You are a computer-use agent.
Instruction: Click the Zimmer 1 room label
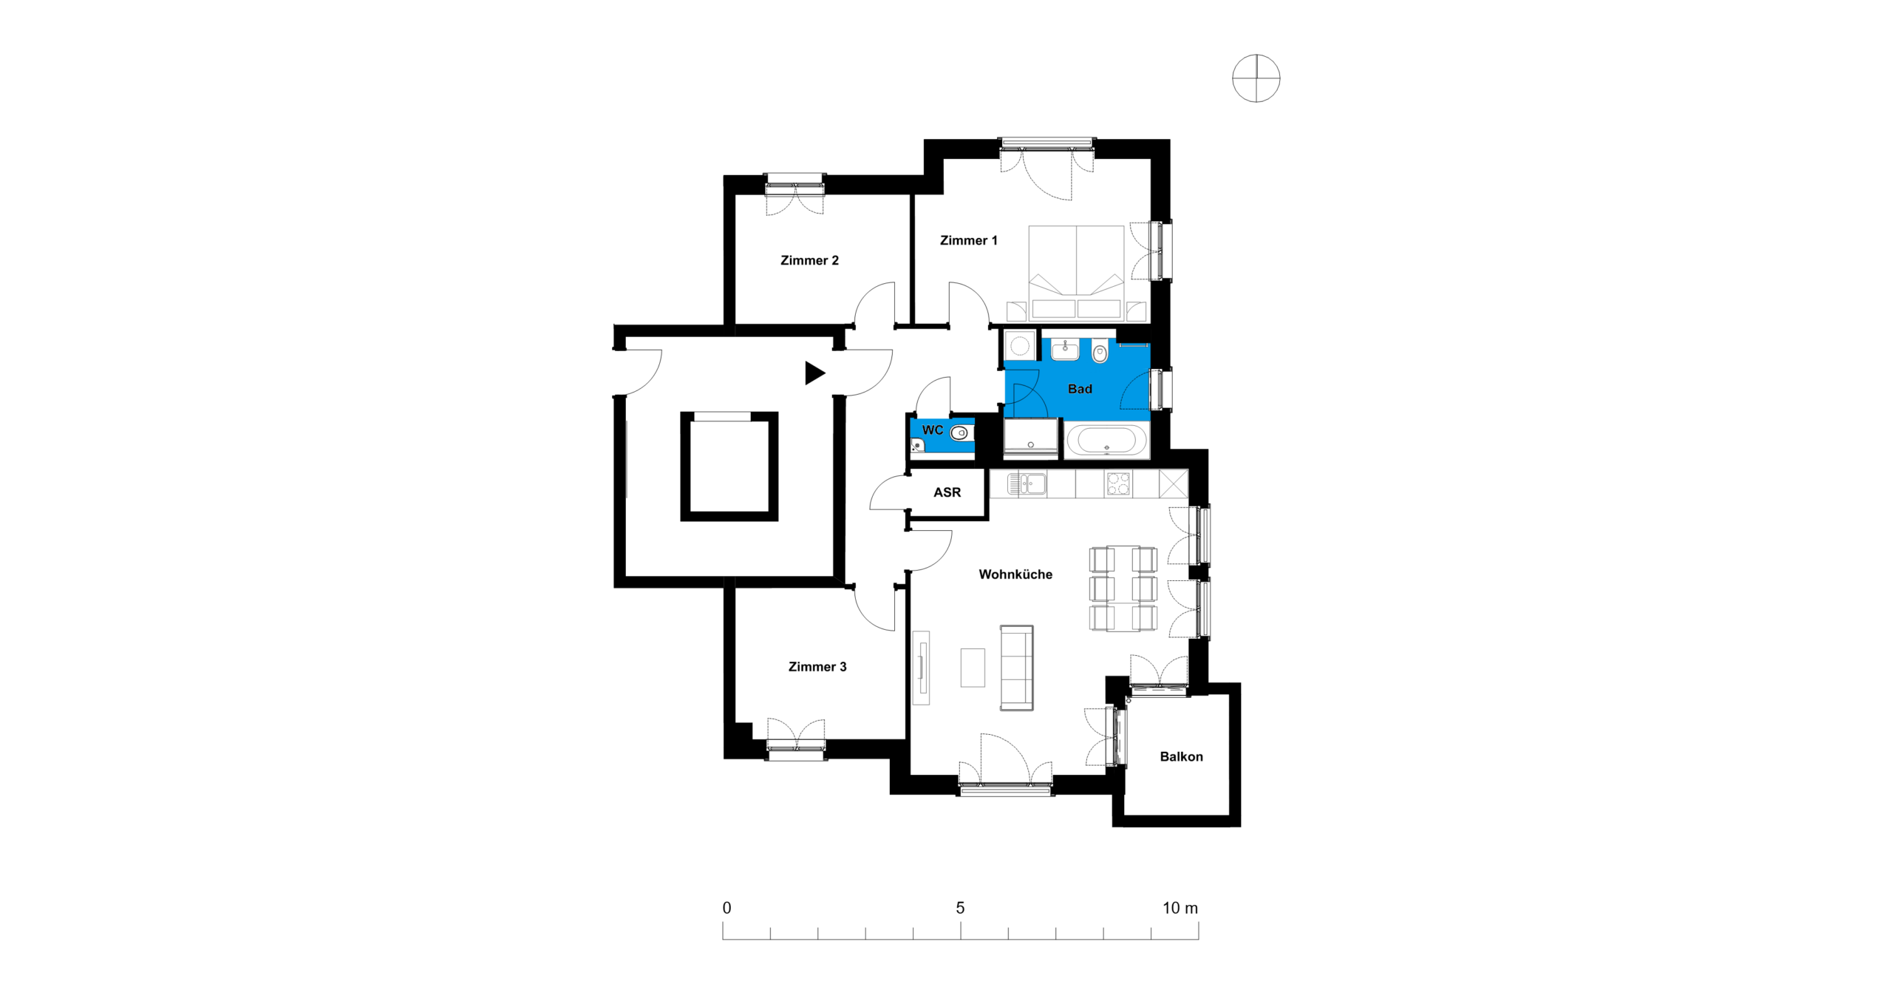(968, 240)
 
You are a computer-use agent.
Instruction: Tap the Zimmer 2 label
(809, 260)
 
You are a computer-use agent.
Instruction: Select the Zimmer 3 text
(817, 667)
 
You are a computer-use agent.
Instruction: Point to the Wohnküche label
(1015, 574)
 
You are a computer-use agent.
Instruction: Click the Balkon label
(1181, 756)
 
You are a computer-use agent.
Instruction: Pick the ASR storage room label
(947, 492)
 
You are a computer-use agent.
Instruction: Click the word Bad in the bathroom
(1080, 389)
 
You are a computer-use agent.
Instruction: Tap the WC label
(932, 430)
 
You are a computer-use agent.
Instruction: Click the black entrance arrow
(814, 373)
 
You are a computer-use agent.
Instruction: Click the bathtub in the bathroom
(1106, 441)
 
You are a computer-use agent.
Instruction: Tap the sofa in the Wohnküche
(1016, 668)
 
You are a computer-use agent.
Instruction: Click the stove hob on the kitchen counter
(1117, 484)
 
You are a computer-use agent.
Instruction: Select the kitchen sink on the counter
(1027, 484)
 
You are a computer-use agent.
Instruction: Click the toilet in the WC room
(959, 433)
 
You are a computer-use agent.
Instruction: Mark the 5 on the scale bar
(960, 908)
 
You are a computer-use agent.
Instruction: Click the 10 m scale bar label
(1180, 908)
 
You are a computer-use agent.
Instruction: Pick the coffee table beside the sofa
(973, 668)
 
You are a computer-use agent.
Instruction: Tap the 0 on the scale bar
(726, 908)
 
